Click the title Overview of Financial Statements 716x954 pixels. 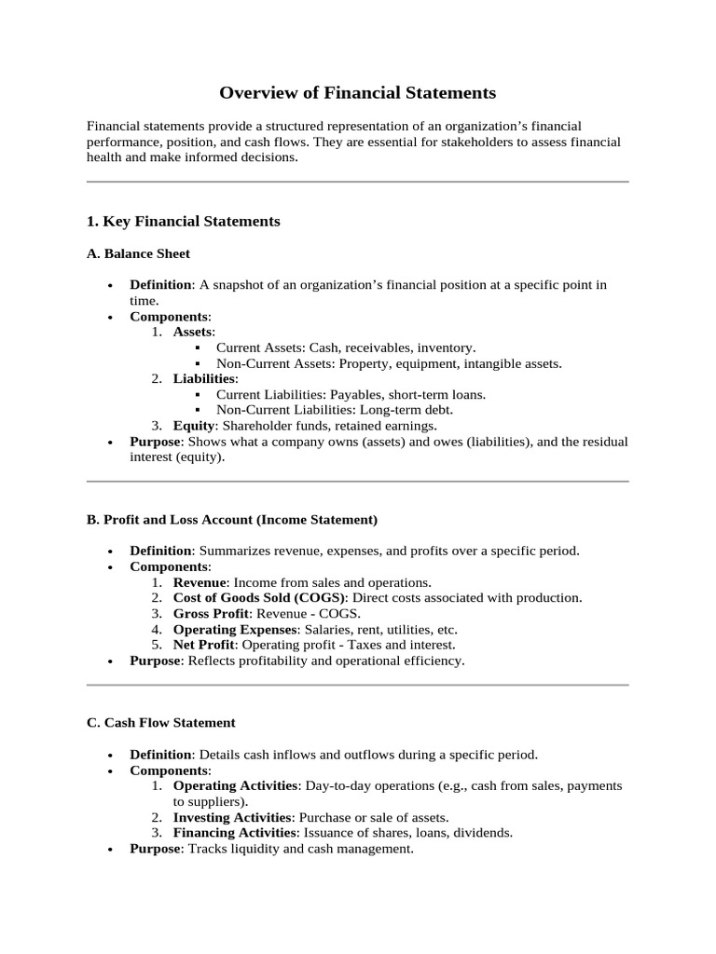pyautogui.click(x=358, y=93)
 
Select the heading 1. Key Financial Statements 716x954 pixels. pyautogui.click(x=183, y=222)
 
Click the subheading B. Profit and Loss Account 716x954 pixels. pyautogui.click(x=231, y=519)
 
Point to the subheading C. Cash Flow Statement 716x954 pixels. pyautogui.click(x=160, y=722)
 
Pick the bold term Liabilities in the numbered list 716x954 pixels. pyautogui.click(x=204, y=378)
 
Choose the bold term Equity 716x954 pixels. pyautogui.click(x=193, y=425)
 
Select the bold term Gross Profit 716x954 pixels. pyautogui.click(x=211, y=614)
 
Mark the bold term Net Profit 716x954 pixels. pyautogui.click(x=202, y=645)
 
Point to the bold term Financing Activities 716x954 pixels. pyautogui.click(x=234, y=833)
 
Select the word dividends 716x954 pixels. pyautogui.click(x=484, y=833)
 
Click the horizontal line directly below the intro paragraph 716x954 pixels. pyautogui.click(x=358, y=182)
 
